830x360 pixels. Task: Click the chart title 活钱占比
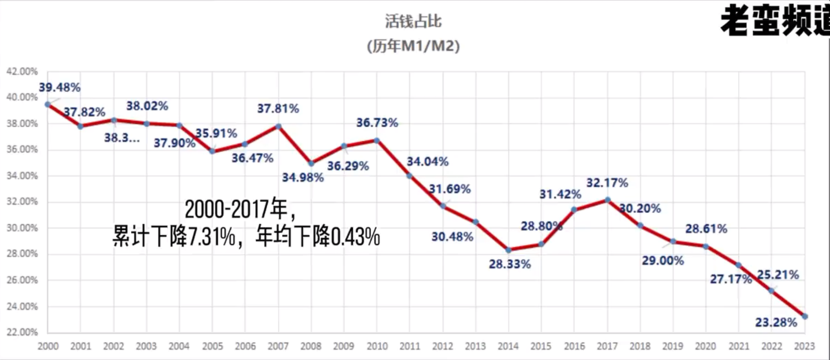point(413,21)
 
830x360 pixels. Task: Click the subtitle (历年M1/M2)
point(413,46)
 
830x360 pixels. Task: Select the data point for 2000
point(47,104)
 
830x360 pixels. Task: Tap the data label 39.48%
point(59,88)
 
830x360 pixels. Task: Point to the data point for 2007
point(278,127)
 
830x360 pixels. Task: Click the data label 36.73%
point(377,123)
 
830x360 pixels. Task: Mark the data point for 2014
point(508,250)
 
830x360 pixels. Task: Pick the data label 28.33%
point(510,264)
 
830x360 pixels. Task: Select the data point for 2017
point(607,200)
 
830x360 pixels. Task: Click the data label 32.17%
point(607,183)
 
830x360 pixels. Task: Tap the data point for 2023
point(805,316)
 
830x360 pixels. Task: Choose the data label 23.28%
point(776,322)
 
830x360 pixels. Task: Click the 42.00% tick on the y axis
point(22,71)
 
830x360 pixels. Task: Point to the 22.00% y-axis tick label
point(22,332)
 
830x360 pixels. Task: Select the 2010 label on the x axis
point(377,346)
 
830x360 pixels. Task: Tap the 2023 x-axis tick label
point(804,346)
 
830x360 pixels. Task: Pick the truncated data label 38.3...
point(122,138)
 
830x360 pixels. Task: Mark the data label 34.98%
point(303,177)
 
